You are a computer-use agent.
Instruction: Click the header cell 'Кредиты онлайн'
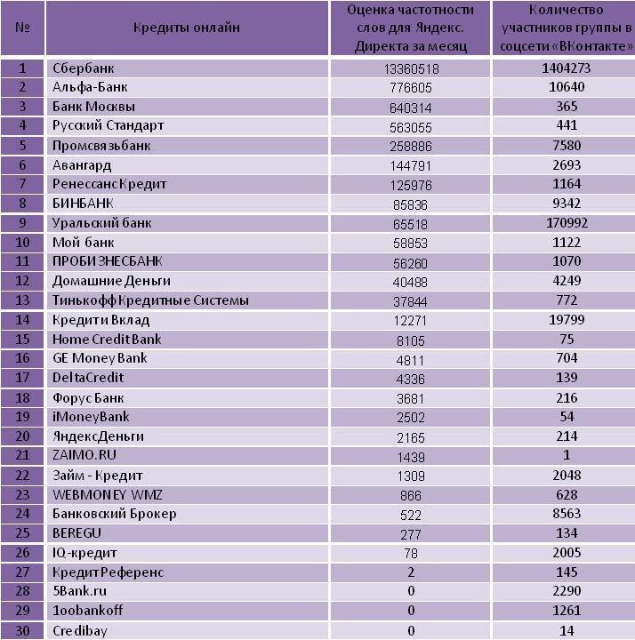tap(187, 28)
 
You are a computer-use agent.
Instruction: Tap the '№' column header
tap(22, 28)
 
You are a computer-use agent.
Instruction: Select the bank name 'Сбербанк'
tap(84, 68)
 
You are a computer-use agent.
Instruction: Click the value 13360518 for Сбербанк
tap(411, 68)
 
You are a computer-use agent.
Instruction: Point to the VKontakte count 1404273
tap(566, 68)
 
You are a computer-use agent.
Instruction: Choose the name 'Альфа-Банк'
tap(90, 87)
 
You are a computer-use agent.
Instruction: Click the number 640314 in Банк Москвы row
tap(410, 108)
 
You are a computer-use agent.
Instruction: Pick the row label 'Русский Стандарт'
tap(109, 125)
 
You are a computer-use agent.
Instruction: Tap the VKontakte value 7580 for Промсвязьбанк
tap(567, 145)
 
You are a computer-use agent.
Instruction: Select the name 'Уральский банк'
tap(101, 223)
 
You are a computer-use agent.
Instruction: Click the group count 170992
tap(567, 223)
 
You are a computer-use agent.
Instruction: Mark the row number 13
tap(22, 300)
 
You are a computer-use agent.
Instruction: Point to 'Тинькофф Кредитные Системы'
tap(150, 300)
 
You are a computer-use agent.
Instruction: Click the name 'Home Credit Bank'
tap(107, 340)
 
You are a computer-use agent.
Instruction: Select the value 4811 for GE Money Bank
tap(410, 360)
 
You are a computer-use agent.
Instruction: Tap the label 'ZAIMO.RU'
tap(84, 455)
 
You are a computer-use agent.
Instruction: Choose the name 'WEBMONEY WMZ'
tap(108, 495)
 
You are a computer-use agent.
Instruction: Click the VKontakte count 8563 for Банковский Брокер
tap(567, 514)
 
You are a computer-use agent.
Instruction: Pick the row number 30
tap(22, 630)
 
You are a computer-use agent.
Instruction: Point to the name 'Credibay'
tap(80, 631)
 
